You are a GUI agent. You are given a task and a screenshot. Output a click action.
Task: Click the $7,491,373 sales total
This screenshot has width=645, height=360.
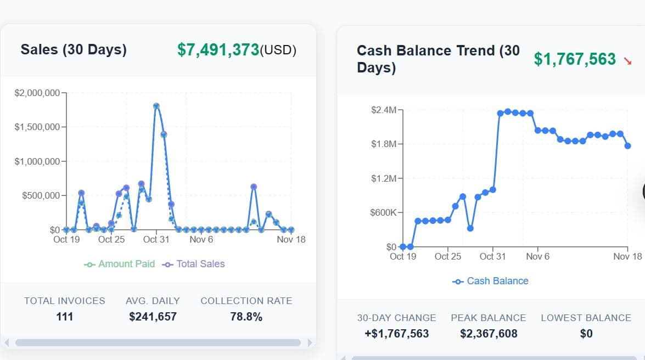pyautogui.click(x=218, y=50)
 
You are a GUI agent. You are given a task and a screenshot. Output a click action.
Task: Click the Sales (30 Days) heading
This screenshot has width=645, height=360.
pyautogui.click(x=74, y=49)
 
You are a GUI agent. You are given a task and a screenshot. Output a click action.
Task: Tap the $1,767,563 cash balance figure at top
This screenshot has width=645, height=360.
pyautogui.click(x=575, y=59)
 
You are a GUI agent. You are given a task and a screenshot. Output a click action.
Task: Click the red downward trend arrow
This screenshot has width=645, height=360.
pyautogui.click(x=628, y=61)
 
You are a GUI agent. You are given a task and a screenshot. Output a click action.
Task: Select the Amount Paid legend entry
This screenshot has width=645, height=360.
pyautogui.click(x=120, y=264)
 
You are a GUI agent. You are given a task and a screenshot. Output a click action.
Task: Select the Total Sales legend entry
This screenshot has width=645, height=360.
pyautogui.click(x=194, y=264)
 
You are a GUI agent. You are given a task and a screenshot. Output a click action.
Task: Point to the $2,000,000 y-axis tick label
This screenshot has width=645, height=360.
pyautogui.click(x=37, y=93)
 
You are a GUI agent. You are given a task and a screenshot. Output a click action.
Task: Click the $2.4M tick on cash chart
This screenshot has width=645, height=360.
pyautogui.click(x=383, y=110)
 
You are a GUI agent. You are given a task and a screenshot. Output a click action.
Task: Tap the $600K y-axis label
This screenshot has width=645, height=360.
pyautogui.click(x=384, y=212)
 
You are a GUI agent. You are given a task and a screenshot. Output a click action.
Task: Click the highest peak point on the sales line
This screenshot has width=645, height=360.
pyautogui.click(x=156, y=106)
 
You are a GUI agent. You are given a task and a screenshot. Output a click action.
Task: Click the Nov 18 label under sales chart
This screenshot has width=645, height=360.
pyautogui.click(x=291, y=239)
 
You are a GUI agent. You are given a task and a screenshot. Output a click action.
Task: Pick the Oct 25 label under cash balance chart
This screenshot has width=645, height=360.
pyautogui.click(x=448, y=256)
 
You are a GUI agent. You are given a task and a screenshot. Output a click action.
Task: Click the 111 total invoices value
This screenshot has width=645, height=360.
pyautogui.click(x=65, y=317)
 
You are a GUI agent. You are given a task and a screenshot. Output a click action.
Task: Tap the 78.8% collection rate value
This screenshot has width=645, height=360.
pyautogui.click(x=246, y=317)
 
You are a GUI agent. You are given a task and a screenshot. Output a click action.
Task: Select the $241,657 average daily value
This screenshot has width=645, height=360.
pyautogui.click(x=153, y=317)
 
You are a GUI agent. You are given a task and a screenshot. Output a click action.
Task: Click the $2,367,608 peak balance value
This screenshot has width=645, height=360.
pyautogui.click(x=489, y=334)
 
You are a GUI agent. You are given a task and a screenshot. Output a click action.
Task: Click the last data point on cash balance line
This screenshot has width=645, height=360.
pyautogui.click(x=628, y=145)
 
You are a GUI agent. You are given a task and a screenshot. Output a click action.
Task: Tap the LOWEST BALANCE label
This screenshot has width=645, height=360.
pyautogui.click(x=586, y=318)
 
